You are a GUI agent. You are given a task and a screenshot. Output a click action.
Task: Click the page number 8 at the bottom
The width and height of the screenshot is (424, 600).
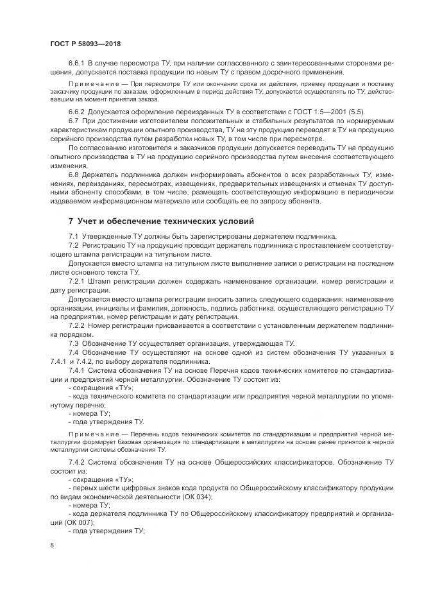click(51, 545)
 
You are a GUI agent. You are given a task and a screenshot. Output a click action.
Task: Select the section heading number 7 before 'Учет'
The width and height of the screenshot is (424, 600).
click(71, 221)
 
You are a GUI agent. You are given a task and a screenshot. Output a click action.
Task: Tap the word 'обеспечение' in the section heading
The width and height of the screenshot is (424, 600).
click(129, 221)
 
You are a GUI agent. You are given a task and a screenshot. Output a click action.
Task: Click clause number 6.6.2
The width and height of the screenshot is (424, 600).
click(77, 112)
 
